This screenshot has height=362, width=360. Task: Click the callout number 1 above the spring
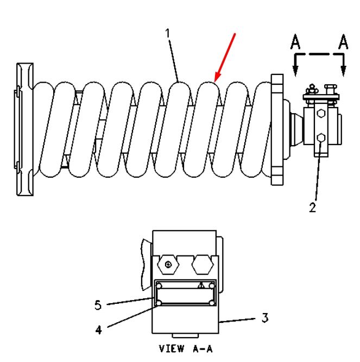[x=168, y=33]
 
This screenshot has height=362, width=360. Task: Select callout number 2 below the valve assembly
[x=313, y=207]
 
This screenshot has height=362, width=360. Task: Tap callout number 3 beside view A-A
[x=265, y=317]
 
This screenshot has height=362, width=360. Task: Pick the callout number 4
[x=98, y=330]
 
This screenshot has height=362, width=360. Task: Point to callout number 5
[x=98, y=305]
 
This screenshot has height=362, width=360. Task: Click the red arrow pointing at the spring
[x=225, y=58]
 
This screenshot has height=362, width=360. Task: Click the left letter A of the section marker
[x=295, y=42]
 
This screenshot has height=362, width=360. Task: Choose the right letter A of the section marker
[x=343, y=42]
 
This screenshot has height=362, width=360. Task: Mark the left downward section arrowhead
[x=295, y=71]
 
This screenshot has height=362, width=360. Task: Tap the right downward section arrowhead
[x=344, y=71]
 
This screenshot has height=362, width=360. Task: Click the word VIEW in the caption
[x=172, y=348]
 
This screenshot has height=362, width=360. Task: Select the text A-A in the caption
[x=203, y=348]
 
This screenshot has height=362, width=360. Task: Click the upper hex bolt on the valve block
[x=321, y=114]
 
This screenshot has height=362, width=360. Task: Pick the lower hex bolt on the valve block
[x=321, y=138]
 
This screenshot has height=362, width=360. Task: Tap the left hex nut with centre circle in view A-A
[x=168, y=265]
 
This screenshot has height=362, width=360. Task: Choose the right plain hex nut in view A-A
[x=203, y=265]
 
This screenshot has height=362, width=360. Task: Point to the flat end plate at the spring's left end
[x=24, y=129]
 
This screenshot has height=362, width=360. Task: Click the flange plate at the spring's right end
[x=277, y=129]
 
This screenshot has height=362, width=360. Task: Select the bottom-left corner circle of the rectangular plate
[x=159, y=303]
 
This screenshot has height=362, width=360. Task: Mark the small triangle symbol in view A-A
[x=201, y=285]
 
